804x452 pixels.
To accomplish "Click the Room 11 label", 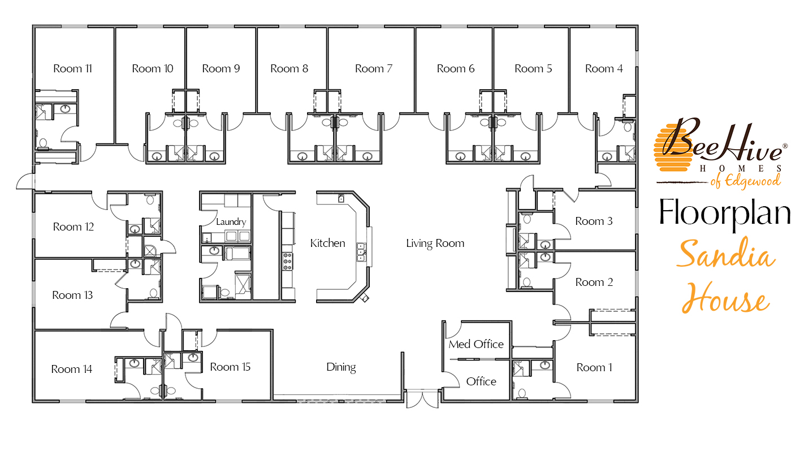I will (x=72, y=69).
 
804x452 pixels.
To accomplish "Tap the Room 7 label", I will (x=373, y=69).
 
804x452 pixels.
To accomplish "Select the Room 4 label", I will (x=604, y=69).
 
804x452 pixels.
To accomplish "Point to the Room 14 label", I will (x=71, y=370).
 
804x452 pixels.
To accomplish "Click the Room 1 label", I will (x=594, y=368).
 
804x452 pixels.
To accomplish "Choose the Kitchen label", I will (x=327, y=244).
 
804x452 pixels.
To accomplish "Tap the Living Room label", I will (x=435, y=244).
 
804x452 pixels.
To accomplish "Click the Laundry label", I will (x=231, y=222).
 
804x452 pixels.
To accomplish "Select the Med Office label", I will (x=476, y=344).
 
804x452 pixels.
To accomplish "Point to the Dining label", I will (x=341, y=367).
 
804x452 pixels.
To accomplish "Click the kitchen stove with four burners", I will (x=287, y=262).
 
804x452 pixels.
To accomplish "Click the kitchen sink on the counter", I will (x=360, y=251).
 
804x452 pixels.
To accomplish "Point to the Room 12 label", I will (x=73, y=227).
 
